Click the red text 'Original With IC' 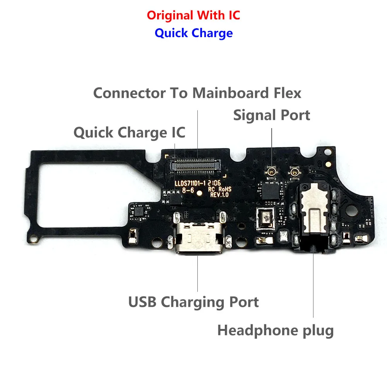pos(193,15)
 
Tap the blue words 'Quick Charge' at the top pos(193,33)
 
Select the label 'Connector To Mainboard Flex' pos(197,93)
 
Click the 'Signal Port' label pos(271,115)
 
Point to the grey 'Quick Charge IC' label pos(129,132)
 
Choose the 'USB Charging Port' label pos(193,302)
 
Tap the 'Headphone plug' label pos(275,330)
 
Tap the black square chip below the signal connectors pos(269,190)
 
